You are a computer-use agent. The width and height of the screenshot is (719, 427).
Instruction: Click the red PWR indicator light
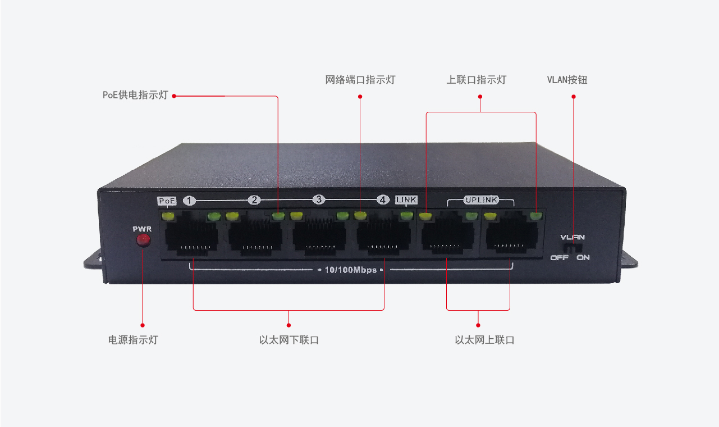[x=143, y=240]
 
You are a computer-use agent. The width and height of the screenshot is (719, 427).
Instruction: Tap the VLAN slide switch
[x=573, y=248]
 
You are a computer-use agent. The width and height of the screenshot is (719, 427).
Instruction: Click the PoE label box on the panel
[x=167, y=201]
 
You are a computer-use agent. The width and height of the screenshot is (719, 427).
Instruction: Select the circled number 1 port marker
[x=189, y=201]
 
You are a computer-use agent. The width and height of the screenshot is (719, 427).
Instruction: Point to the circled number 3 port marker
[x=319, y=199]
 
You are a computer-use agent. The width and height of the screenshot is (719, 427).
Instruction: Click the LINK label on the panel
[x=406, y=200]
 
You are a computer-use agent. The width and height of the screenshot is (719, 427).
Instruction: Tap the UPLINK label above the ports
[x=481, y=200]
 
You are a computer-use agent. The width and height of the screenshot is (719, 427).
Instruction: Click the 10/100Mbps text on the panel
[x=350, y=270]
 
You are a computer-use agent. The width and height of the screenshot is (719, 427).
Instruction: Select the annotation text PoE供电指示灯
[x=135, y=95]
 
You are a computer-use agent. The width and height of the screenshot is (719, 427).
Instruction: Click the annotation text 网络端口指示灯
[x=360, y=80]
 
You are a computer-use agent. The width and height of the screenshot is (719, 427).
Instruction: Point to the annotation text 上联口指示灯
[x=477, y=80]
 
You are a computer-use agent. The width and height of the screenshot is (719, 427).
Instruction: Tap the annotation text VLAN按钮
[x=567, y=80]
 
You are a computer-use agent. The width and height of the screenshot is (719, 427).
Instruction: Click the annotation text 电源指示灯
[x=133, y=340]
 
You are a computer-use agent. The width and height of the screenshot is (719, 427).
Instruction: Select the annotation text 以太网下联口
[x=289, y=340]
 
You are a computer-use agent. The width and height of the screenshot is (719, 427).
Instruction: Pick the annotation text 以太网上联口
[x=484, y=340]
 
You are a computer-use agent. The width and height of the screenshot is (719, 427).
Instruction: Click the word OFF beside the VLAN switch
[x=559, y=258]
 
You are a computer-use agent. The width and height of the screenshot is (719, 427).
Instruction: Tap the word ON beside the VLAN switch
[x=583, y=258]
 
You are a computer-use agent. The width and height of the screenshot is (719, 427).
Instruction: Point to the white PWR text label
[x=142, y=229]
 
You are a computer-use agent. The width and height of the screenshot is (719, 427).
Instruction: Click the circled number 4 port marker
[x=383, y=200]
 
